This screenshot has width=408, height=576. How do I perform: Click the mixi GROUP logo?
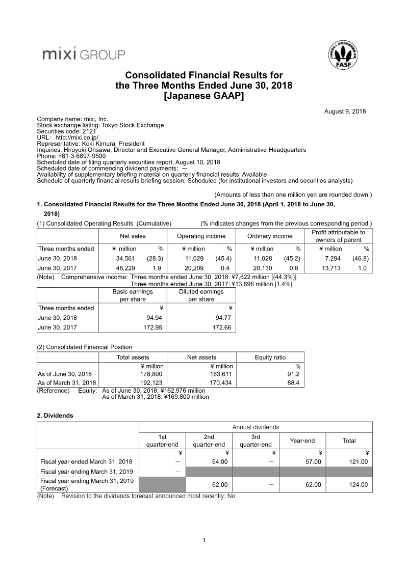pyautogui.click(x=84, y=53)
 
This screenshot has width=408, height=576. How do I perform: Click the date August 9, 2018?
pyautogui.click(x=345, y=112)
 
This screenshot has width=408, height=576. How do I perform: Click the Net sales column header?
pyautogui.click(x=132, y=236)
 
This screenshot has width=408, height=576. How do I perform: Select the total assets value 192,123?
pyautogui.click(x=152, y=382)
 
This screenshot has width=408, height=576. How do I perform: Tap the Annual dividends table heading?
pyautogui.click(x=256, y=427)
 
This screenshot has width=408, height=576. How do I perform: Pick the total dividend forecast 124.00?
pyautogui.click(x=358, y=484)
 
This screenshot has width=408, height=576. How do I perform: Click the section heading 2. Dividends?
pyautogui.click(x=55, y=415)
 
